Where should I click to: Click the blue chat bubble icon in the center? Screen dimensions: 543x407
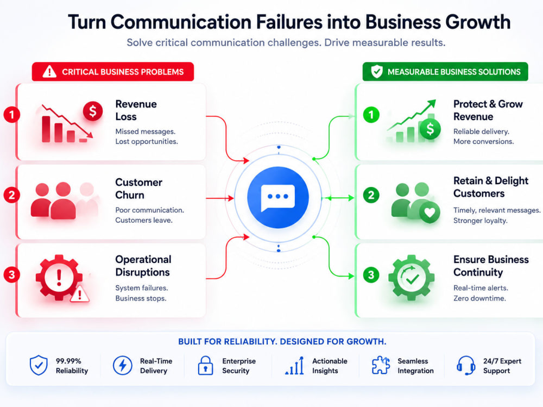click(277, 198)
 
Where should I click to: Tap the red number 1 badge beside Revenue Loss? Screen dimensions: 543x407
click(11, 115)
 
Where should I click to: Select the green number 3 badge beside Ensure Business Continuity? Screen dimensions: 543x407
click(371, 275)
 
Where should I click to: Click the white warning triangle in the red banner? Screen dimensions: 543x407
click(49, 71)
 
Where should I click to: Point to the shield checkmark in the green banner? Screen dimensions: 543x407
click(377, 71)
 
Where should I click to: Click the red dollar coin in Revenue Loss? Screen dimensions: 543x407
click(92, 111)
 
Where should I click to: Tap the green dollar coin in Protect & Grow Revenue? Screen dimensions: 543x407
click(430, 129)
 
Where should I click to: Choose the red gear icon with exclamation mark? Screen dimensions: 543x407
click(59, 277)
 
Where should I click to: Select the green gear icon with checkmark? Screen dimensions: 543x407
click(412, 277)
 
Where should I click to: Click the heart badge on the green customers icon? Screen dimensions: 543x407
click(430, 212)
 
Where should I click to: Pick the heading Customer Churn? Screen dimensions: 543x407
click(138, 189)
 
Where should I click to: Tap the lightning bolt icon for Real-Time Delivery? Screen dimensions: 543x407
click(123, 365)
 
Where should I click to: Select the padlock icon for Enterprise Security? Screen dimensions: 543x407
click(205, 365)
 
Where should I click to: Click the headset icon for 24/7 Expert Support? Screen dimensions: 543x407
click(466, 365)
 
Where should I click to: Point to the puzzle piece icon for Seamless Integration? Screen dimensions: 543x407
click(381, 365)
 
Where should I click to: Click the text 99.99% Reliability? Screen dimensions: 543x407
click(72, 366)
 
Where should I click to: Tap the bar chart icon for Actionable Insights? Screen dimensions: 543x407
click(295, 366)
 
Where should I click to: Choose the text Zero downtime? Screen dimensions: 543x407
click(479, 298)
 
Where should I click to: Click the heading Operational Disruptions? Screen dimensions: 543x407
click(143, 266)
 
